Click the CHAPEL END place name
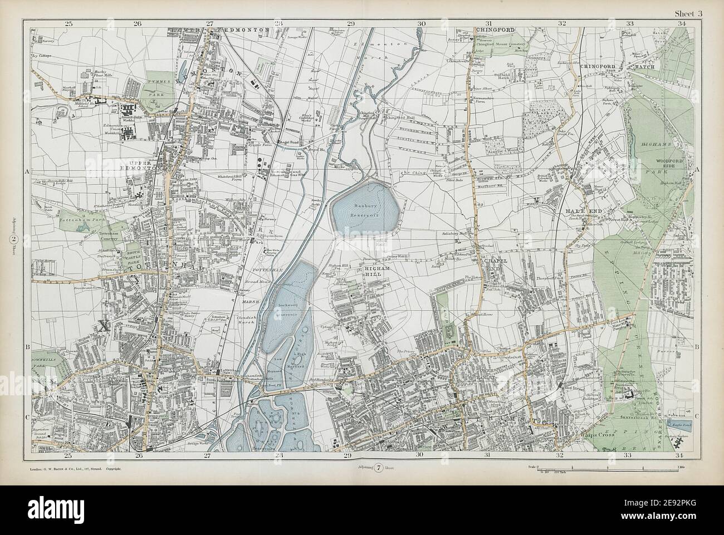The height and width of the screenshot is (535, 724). click(x=493, y=266)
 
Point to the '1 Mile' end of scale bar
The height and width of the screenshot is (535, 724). click(x=681, y=465)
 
